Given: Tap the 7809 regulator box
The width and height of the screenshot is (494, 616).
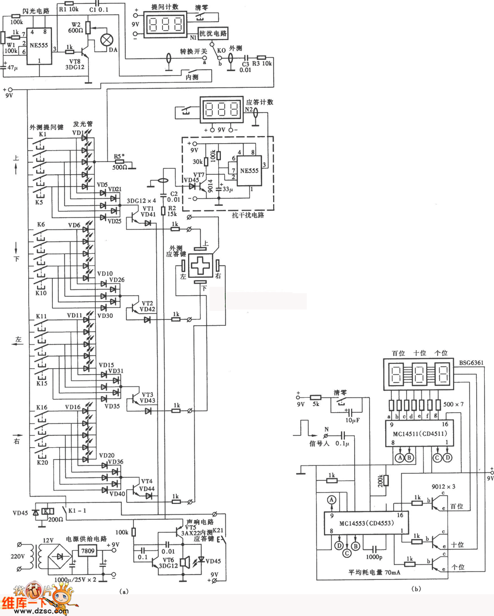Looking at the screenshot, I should point(88,551).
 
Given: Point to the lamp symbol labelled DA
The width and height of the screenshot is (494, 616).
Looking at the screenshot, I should point(107,40).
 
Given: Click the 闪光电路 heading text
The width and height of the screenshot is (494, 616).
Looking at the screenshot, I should point(37,11).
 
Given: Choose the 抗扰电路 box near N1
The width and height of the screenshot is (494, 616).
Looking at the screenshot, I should point(213,34).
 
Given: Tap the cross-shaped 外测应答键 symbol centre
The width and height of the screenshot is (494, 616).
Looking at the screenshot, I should point(200,266).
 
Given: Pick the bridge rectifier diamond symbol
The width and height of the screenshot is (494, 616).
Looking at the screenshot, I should point(60,557).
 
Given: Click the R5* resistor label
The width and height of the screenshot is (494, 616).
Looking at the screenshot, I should point(118,156).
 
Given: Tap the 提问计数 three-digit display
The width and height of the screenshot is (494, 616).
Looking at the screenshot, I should point(165,25).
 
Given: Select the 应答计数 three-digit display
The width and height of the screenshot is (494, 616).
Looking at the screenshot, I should point(222,109).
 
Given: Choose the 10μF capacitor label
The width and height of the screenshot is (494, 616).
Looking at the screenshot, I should point(352,420).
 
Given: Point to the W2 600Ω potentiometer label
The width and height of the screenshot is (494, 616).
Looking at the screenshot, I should point(76,27).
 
